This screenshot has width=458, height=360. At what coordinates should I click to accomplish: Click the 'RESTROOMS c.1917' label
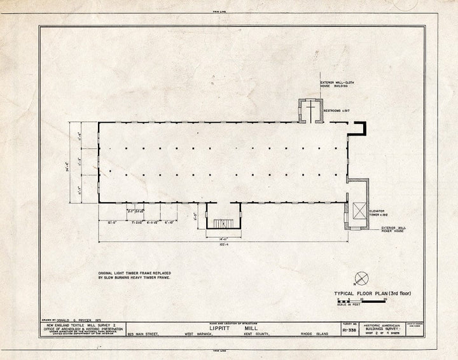[x=337, y=111]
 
